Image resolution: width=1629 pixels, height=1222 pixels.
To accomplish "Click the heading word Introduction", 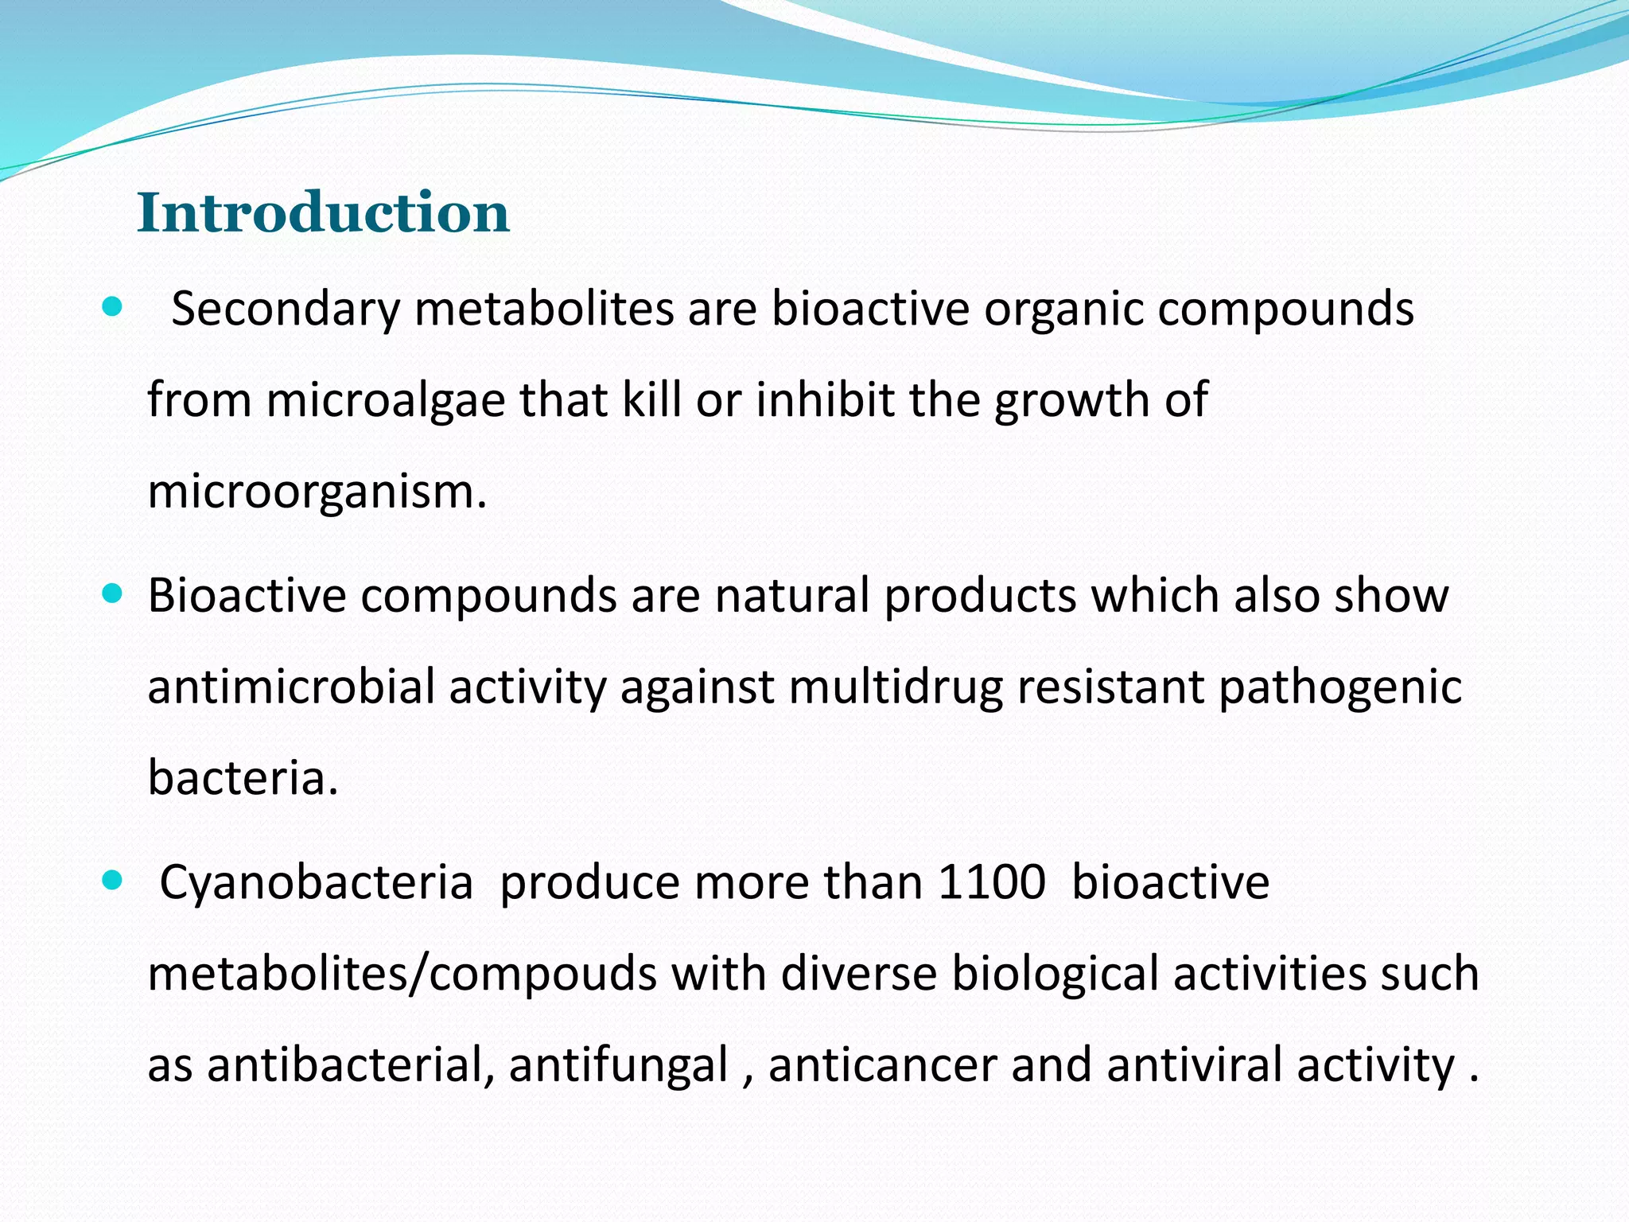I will click(x=323, y=213).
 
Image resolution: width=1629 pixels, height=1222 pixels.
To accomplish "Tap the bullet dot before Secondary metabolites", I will click(x=112, y=307).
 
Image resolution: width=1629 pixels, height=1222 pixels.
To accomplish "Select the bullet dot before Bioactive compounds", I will click(x=112, y=593).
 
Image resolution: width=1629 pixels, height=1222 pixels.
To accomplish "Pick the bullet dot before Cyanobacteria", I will click(x=112, y=880).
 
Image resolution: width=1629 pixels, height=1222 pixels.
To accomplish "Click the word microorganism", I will click(x=316, y=492).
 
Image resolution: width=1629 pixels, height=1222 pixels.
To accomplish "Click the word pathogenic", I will click(x=1340, y=687).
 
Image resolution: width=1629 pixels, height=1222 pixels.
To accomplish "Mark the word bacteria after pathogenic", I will click(x=243, y=778).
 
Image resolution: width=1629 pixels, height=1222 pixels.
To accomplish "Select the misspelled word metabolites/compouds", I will click(x=402, y=974).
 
